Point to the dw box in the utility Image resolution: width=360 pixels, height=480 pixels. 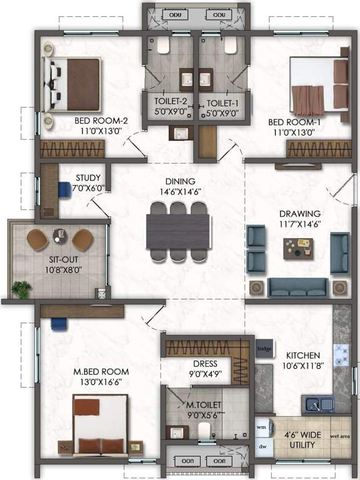[262, 446]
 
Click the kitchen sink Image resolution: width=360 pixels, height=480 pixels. [317, 404]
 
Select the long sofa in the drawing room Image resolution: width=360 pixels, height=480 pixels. [297, 286]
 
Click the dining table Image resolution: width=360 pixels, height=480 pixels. [178, 231]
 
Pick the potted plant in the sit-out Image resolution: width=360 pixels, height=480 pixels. [21, 288]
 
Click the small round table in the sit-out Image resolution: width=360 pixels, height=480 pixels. [60, 236]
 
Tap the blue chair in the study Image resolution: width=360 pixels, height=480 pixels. [64, 189]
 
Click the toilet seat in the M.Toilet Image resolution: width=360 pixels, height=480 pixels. [203, 429]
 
